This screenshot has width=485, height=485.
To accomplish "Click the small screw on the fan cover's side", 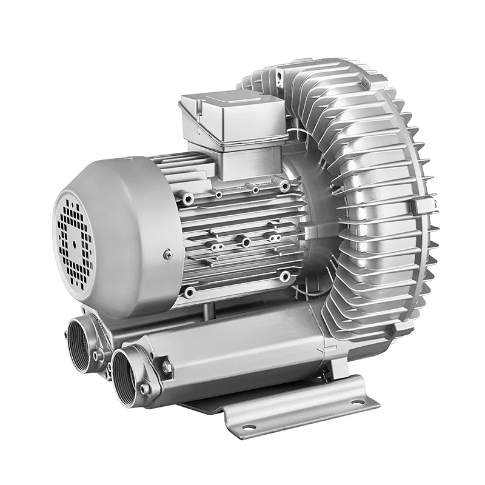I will pyautogui.click(x=167, y=255).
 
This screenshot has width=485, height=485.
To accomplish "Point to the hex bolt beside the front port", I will pyautogui.click(x=165, y=367).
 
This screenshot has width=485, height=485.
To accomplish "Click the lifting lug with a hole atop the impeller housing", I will pyautogui.click(x=278, y=75).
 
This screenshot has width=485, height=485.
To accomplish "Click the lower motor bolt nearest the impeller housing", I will pyautogui.click(x=284, y=276).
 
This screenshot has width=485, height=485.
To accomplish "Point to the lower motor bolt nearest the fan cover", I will pyautogui.click(x=190, y=292).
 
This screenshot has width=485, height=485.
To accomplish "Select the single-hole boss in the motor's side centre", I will pyautogui.click(x=246, y=242).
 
